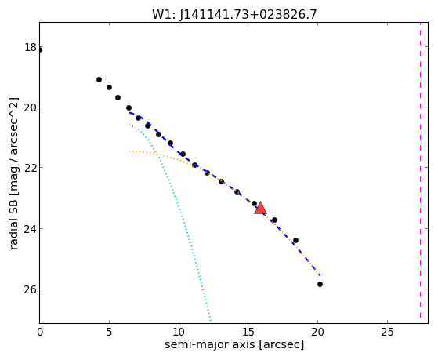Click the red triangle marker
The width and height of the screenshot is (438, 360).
[x=260, y=208]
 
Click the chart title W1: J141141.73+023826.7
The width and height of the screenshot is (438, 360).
[x=234, y=15]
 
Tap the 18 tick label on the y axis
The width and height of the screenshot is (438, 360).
[x=31, y=47]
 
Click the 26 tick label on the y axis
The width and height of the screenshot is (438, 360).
[x=31, y=289]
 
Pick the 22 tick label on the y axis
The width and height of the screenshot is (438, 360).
[x=31, y=168]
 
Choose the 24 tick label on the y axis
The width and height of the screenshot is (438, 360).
[x=31, y=228]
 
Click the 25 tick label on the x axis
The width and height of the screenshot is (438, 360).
[x=387, y=332]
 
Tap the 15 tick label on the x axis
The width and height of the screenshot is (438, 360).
[x=248, y=332]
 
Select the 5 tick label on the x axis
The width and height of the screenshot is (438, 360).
[x=109, y=332]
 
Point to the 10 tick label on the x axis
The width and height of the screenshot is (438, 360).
[x=179, y=332]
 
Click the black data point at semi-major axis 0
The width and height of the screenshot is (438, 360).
[x=40, y=49]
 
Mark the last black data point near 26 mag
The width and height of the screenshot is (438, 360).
[x=320, y=284]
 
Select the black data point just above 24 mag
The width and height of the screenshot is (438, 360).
[x=274, y=220]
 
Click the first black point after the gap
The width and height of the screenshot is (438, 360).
[x=99, y=79]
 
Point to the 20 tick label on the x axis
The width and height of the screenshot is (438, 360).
[x=317, y=332]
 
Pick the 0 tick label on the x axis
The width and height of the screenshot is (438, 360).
[x=40, y=332]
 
